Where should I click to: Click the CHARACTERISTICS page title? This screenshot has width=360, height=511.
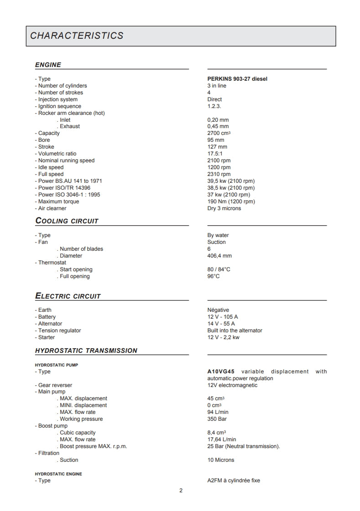pyautogui.click(x=77, y=36)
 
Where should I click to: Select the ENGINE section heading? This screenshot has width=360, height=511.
pyautogui.click(x=48, y=65)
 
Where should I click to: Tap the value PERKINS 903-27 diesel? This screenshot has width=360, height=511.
pyautogui.click(x=237, y=79)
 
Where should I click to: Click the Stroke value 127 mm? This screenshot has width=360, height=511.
pyautogui.click(x=217, y=147)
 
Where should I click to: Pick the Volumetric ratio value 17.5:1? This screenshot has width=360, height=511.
pyautogui.click(x=215, y=154)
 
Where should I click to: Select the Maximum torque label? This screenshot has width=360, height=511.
pyautogui.click(x=58, y=201)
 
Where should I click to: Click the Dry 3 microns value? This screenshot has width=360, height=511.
pyautogui.click(x=224, y=208)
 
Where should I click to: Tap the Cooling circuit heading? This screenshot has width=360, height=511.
pyautogui.click(x=67, y=221)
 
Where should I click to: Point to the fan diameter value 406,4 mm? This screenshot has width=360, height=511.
pyautogui.click(x=219, y=256)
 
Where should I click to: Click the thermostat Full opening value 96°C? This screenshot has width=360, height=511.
pyautogui.click(x=214, y=276)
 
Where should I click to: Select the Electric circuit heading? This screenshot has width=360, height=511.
pyautogui.click(x=68, y=296)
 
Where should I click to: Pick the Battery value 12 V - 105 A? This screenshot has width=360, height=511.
pyautogui.click(x=223, y=317)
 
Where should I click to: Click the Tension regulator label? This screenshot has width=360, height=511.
pyautogui.click(x=59, y=330)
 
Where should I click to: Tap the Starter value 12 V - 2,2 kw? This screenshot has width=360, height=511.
pyautogui.click(x=223, y=337)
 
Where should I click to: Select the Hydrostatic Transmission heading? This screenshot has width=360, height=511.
pyautogui.click(x=86, y=351)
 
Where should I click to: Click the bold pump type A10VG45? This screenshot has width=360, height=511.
pyautogui.click(x=221, y=372)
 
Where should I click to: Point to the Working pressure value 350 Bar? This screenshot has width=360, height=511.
pyautogui.click(x=217, y=419)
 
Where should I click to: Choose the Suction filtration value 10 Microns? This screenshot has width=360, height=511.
pyautogui.click(x=220, y=460)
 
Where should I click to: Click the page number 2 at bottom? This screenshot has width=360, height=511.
pyautogui.click(x=181, y=490)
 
